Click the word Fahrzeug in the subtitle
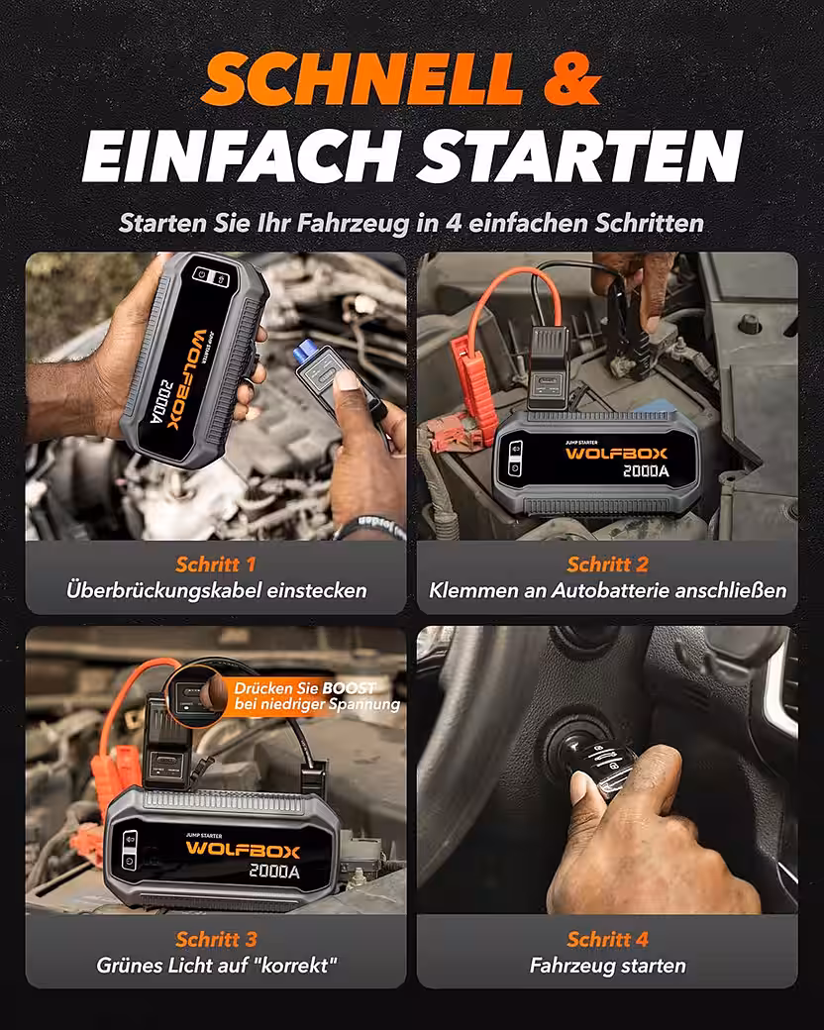coord(354,224)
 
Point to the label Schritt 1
coord(216,565)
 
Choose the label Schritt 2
coord(608,565)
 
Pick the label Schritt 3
coord(216,939)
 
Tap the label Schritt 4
coord(608,939)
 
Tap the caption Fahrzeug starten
coord(608,966)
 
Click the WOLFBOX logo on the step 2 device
coord(616,454)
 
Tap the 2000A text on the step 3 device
coord(274,872)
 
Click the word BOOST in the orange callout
coord(349,688)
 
